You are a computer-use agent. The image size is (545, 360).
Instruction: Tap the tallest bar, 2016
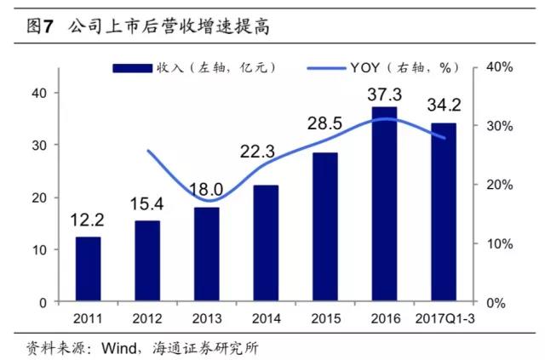(384, 203)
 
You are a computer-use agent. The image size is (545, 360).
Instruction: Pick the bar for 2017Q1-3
(444, 212)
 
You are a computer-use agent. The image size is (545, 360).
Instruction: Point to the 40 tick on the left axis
(39, 93)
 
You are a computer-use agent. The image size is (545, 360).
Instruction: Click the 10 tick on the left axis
(39, 250)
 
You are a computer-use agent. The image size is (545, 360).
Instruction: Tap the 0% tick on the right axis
(502, 302)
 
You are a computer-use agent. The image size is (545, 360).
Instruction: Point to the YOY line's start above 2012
(147, 151)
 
